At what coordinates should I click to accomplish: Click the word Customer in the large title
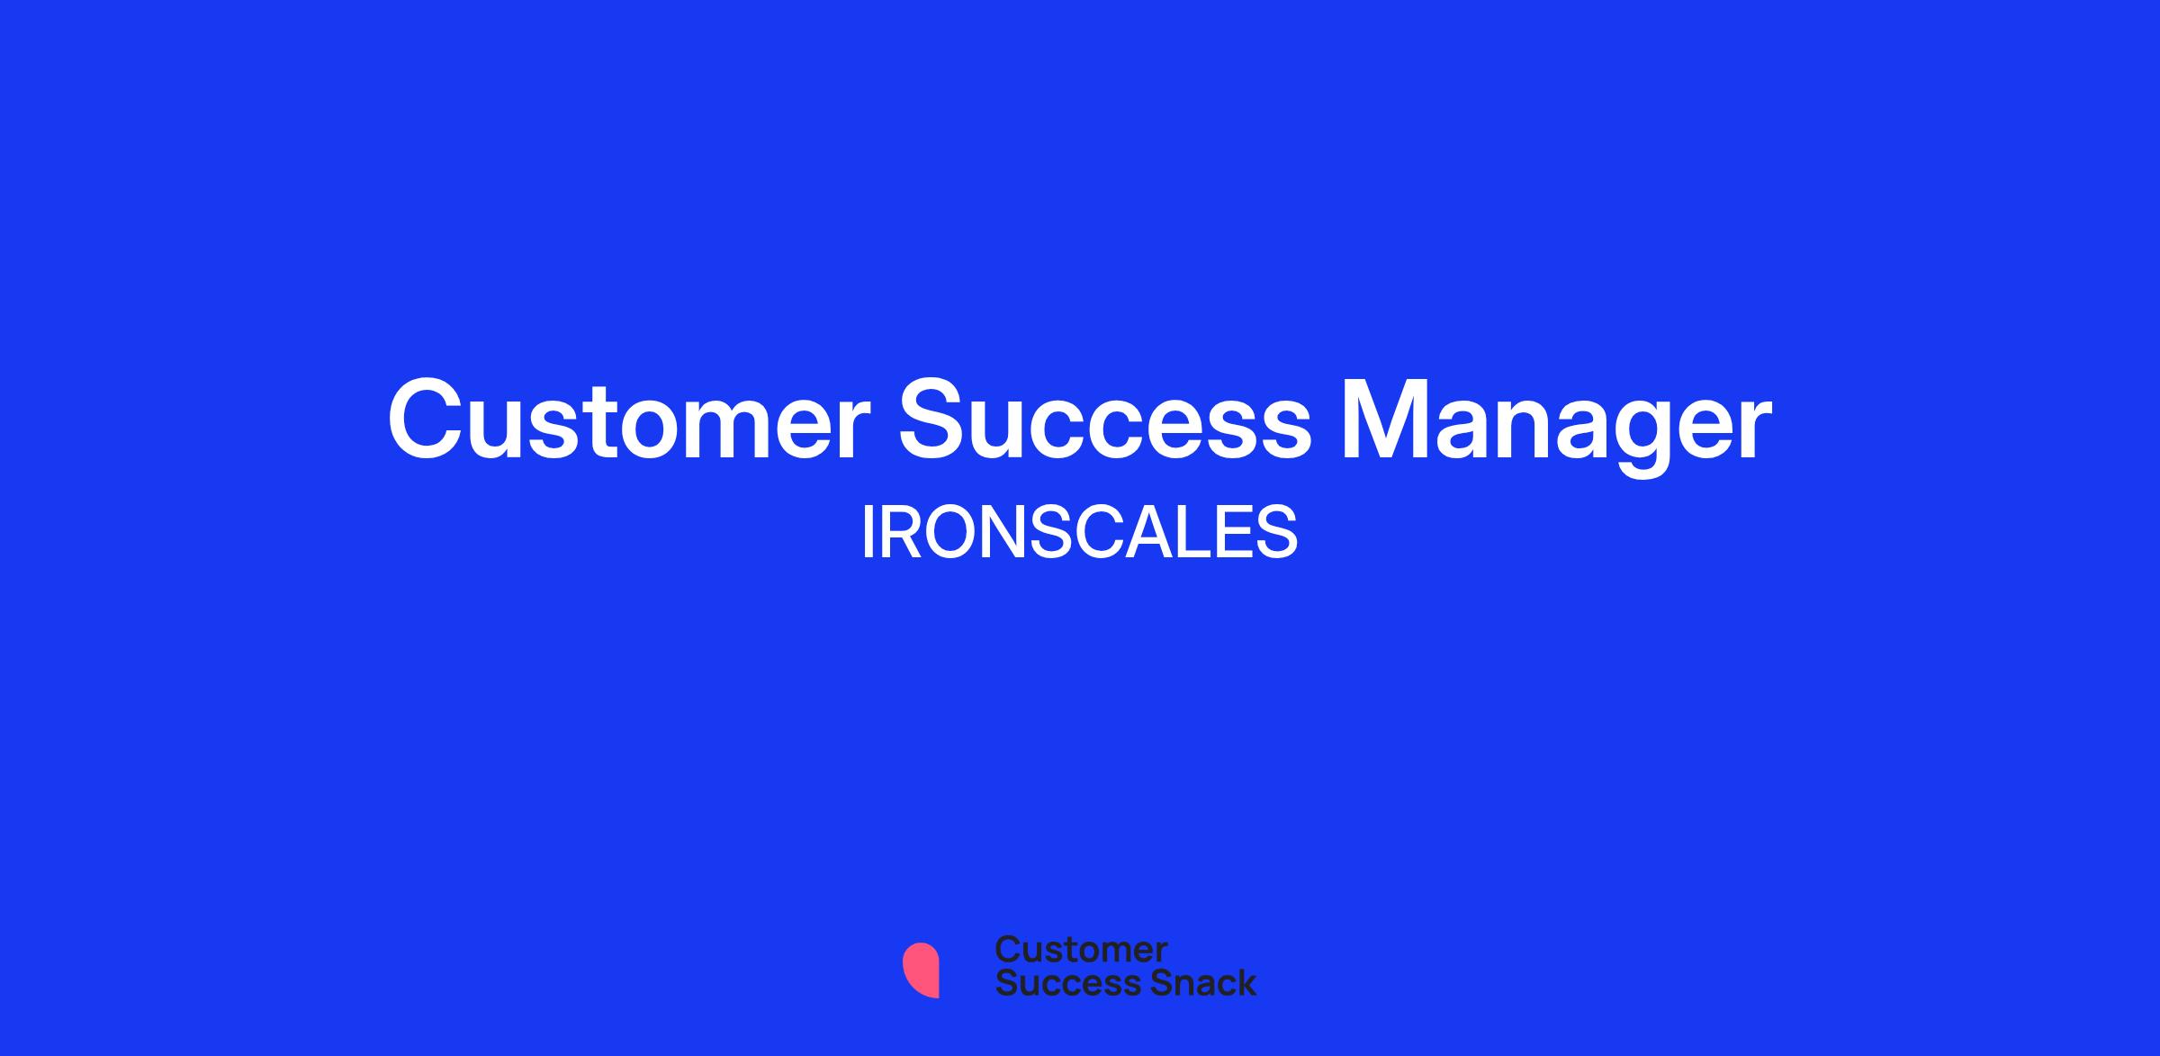[x=629, y=420]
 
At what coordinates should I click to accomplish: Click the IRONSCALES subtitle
[x=1079, y=533]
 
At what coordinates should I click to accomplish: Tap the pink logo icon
[x=921, y=970]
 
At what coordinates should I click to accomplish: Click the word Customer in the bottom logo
[x=1081, y=949]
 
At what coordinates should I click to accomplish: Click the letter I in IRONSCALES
[x=868, y=533]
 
